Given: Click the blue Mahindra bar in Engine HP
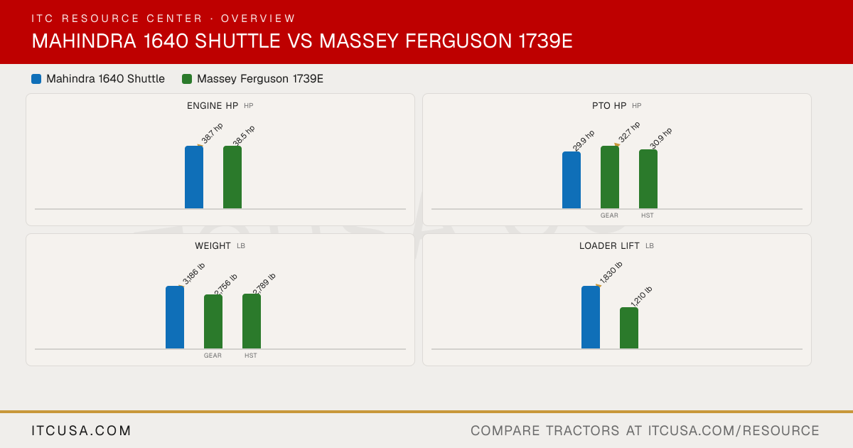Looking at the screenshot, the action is (194, 177).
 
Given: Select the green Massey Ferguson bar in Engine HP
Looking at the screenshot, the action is (232, 177).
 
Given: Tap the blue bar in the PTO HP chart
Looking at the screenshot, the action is (572, 180).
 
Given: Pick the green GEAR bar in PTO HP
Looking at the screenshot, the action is (610, 177).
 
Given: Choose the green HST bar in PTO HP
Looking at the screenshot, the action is (648, 179).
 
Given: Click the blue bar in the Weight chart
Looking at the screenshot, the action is (175, 317).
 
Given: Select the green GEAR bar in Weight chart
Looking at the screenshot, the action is (213, 321).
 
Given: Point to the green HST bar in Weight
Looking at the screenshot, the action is (252, 321).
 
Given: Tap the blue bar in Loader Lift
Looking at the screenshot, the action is (591, 317).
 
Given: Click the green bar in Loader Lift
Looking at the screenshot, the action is (629, 328).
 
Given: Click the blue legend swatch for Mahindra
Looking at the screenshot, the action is (36, 79).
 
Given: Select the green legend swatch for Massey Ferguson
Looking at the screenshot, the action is (187, 79).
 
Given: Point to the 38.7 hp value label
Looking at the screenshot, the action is (212, 134).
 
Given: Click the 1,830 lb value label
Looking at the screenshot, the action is (611, 272).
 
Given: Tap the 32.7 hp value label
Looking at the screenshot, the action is (629, 132).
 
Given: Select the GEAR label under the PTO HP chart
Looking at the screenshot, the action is (609, 215).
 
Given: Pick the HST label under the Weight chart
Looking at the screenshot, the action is (250, 356).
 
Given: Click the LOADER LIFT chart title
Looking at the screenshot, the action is (609, 246).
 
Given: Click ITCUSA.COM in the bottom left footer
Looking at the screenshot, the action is (81, 431).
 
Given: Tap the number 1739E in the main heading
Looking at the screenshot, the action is (546, 41).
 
